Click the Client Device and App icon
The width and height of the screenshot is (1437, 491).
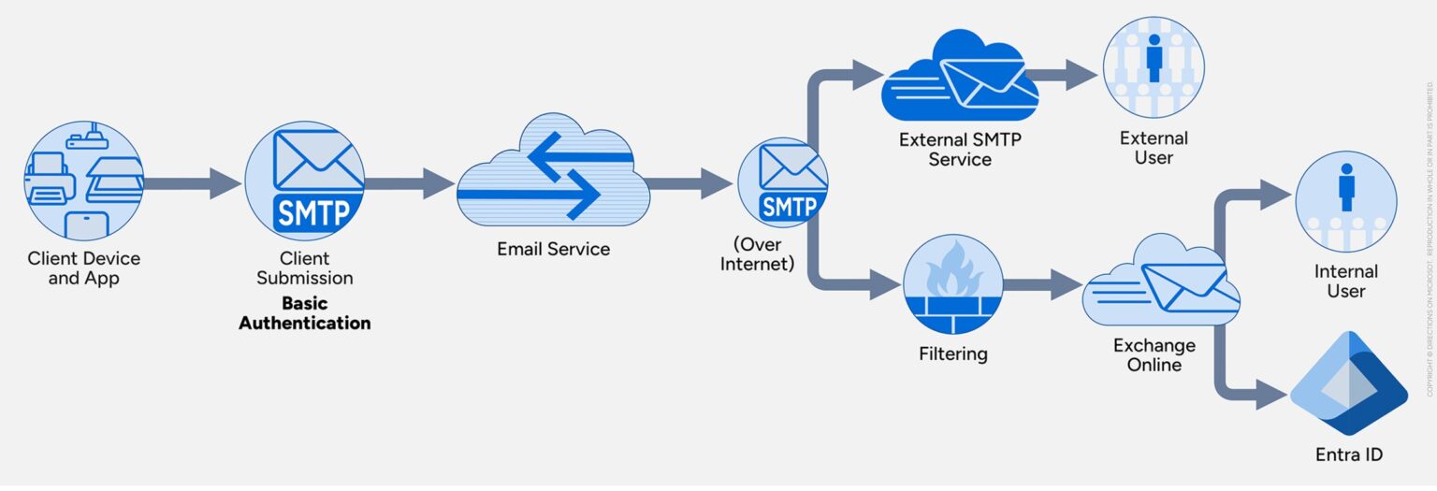click(x=83, y=182)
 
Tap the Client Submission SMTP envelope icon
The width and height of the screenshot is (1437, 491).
click(x=304, y=182)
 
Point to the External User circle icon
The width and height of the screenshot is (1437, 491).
click(x=1153, y=67)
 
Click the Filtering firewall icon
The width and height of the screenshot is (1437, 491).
click(x=952, y=284)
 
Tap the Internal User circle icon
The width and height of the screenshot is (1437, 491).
click(x=1345, y=201)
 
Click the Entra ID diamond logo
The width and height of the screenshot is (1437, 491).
click(x=1348, y=383)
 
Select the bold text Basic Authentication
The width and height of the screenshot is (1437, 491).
click(x=305, y=313)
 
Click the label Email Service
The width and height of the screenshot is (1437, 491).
click(x=553, y=250)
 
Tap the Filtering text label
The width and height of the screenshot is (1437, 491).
click(x=952, y=354)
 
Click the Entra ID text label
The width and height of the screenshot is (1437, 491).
click(x=1348, y=455)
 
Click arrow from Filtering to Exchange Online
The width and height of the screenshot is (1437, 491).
click(x=1040, y=284)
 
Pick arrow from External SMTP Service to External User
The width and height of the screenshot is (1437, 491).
click(x=1067, y=76)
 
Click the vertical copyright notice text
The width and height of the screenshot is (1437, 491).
click(x=1430, y=238)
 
